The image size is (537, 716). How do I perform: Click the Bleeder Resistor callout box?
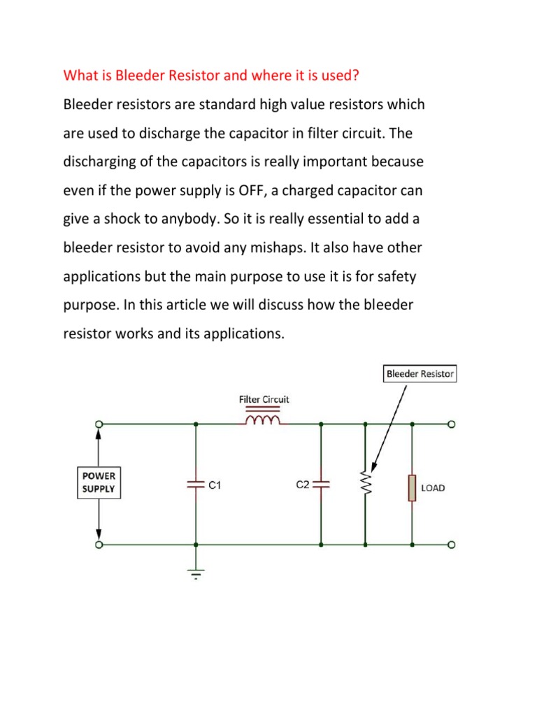tap(420, 373)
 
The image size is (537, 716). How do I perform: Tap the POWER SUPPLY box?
tap(99, 482)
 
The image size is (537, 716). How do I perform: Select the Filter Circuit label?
tap(264, 399)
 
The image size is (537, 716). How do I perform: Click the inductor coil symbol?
tap(264, 420)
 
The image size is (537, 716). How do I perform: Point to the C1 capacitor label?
tap(215, 484)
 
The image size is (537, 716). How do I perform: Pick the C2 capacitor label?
tap(302, 484)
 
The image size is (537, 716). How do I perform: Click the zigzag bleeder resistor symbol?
tap(364, 482)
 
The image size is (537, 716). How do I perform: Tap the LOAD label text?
tap(433, 487)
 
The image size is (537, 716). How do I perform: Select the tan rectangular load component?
tap(412, 487)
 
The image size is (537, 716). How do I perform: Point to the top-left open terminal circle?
tap(99, 424)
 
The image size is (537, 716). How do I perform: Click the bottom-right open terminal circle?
tap(452, 544)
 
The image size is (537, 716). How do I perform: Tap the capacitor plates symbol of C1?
tap(196, 483)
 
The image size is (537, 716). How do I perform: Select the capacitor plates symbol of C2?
tap(321, 483)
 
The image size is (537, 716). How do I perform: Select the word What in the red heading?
tap(79, 74)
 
